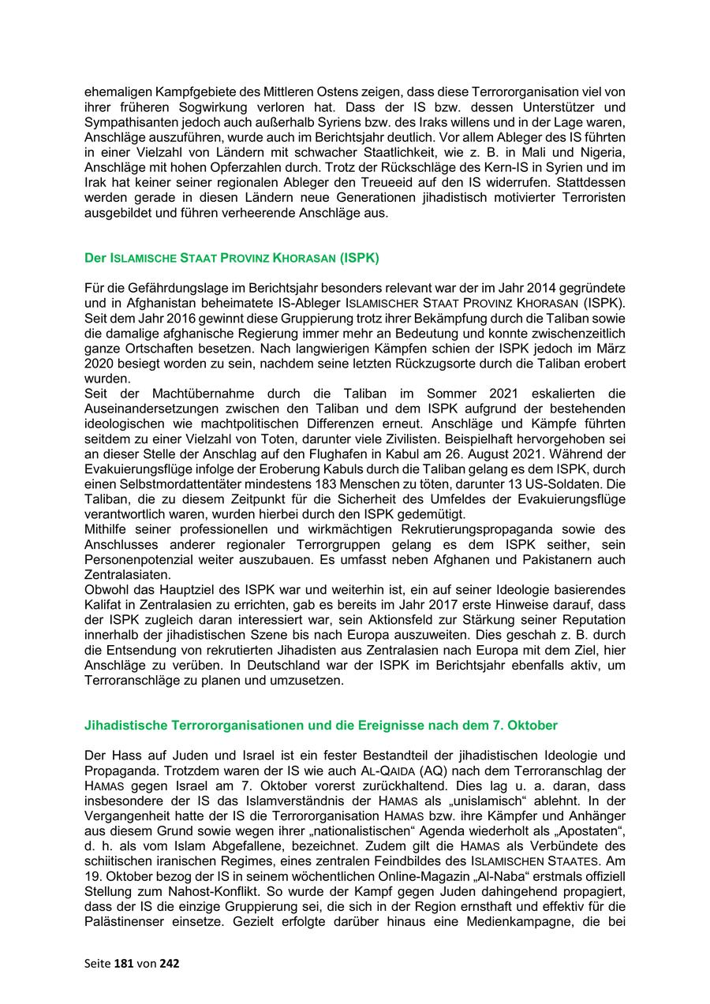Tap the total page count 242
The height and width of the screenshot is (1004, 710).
169,963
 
